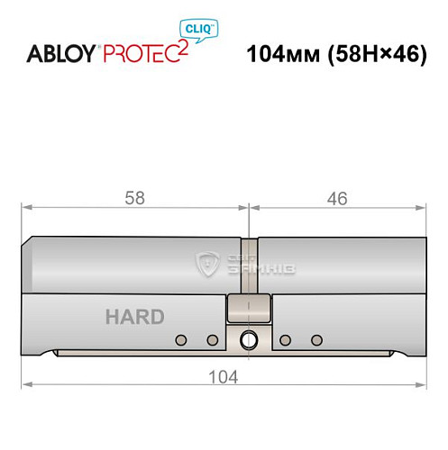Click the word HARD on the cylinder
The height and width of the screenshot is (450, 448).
click(133, 317)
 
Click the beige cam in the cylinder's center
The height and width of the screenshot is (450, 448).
click(249, 309)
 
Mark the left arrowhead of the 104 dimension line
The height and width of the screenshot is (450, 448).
click(27, 385)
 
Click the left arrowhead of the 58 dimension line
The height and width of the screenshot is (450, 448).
click(27, 208)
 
